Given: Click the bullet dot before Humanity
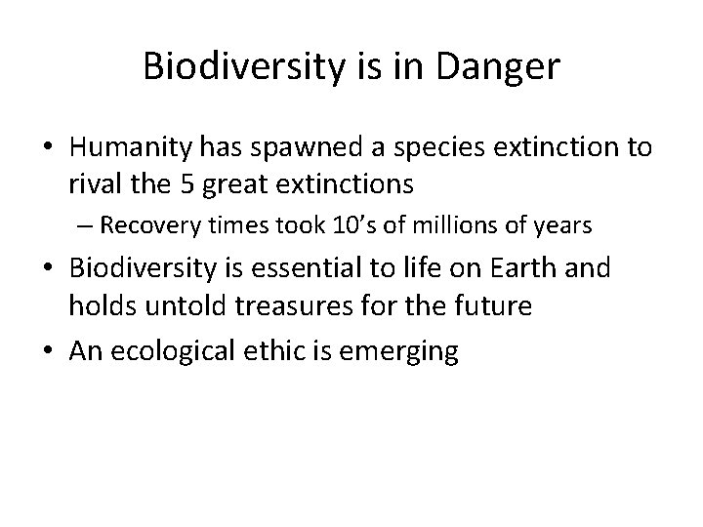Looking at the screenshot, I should [x=48, y=147].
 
